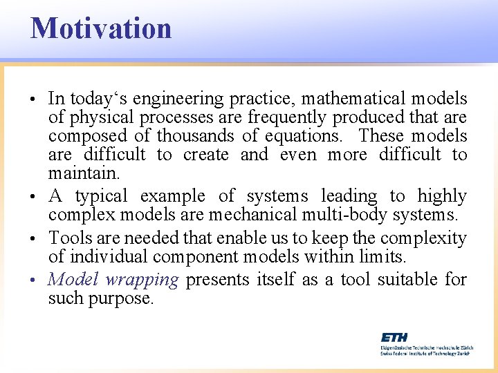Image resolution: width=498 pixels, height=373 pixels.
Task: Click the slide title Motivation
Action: click(101, 28)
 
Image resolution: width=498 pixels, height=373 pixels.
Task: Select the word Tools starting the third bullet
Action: click(66, 238)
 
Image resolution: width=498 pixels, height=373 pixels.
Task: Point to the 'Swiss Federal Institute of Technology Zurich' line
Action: click(425, 353)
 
